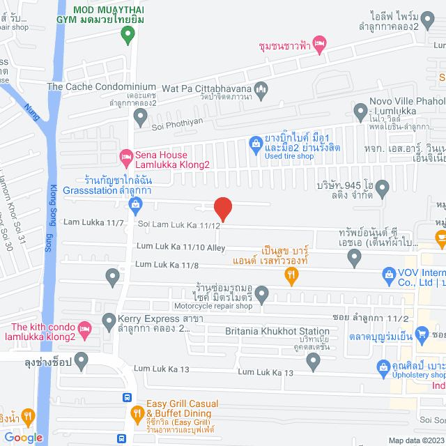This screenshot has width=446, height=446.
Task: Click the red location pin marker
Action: (222, 208)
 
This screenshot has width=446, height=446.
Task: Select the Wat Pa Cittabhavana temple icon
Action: (261, 88)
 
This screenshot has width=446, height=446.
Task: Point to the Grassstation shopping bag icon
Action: (135, 204)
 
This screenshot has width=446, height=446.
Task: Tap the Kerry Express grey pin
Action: (109, 321)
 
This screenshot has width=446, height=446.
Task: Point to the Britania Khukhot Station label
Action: (277, 331)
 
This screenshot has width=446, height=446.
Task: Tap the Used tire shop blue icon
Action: (256, 144)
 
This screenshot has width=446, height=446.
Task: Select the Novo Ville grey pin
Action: (360, 110)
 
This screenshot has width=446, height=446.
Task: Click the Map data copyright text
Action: (415, 440)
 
